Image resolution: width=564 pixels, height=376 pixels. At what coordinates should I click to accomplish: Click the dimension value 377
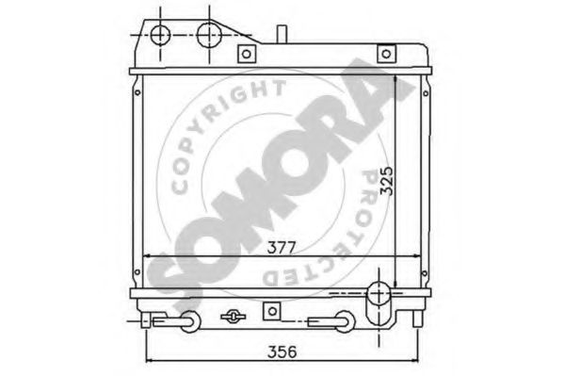coord(282,248)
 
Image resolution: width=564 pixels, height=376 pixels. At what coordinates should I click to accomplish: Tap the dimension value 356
coord(282,351)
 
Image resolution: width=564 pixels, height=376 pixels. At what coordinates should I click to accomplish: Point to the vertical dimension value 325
coord(387,181)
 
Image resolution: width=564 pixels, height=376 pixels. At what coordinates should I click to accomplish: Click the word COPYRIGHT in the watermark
coord(224,131)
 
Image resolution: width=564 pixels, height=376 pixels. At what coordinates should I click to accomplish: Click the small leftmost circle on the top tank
coord(160,35)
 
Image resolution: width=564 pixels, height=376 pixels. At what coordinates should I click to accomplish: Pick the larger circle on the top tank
coord(209,35)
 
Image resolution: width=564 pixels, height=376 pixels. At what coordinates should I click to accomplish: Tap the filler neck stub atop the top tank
coord(282,34)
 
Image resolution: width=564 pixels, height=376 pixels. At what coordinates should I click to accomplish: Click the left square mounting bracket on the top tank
coord(247,54)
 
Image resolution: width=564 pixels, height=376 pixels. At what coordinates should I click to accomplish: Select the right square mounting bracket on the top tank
coord(386,54)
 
